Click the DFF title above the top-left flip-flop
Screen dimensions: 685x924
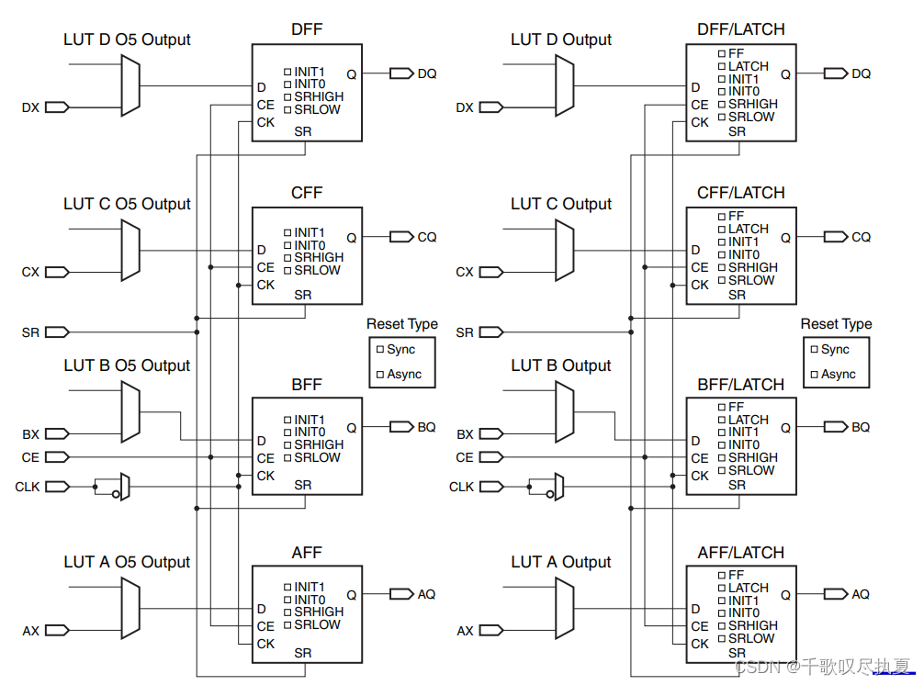(x=307, y=29)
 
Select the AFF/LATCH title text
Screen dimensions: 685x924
(x=740, y=553)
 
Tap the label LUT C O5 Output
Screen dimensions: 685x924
(x=127, y=204)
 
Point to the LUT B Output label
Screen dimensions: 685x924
(x=560, y=365)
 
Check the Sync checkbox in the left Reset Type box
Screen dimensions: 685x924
(x=379, y=350)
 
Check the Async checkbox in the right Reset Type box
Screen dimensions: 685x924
(x=814, y=375)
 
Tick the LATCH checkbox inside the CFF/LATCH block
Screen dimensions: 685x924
(x=722, y=230)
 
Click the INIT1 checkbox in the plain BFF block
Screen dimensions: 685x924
(x=287, y=421)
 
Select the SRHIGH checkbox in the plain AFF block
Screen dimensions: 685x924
(x=287, y=612)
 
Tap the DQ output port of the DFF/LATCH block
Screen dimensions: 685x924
(x=836, y=73)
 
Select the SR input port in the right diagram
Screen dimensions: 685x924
(x=490, y=331)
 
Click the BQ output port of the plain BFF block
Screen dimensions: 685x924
(x=402, y=427)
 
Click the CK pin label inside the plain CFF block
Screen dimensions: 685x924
(x=265, y=285)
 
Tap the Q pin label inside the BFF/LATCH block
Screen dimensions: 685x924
(x=785, y=427)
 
